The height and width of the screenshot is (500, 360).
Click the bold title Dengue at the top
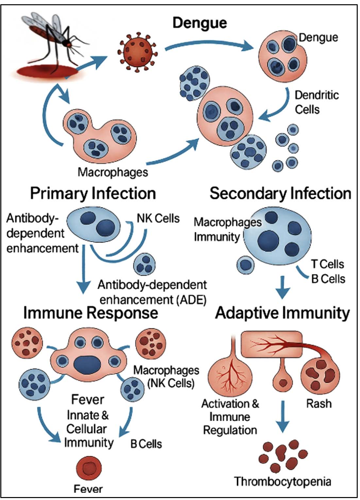(x=200, y=23)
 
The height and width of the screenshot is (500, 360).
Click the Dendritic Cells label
(x=317, y=102)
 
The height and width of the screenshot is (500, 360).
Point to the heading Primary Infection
(x=93, y=193)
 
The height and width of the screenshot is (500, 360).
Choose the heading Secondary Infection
(x=280, y=193)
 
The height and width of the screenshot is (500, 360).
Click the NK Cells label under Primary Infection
(x=158, y=218)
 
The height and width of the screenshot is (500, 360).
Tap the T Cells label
(x=327, y=264)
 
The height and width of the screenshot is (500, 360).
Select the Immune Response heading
(x=91, y=313)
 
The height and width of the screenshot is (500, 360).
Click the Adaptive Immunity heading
(x=283, y=313)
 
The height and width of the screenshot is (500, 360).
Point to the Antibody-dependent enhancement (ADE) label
(x=153, y=292)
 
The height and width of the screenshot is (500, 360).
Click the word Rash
(x=319, y=403)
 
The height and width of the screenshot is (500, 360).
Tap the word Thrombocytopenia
(x=283, y=481)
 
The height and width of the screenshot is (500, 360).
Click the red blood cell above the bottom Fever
(x=89, y=468)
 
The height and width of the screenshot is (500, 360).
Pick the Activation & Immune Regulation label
(x=230, y=417)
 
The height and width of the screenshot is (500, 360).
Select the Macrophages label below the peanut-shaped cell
(x=113, y=172)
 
